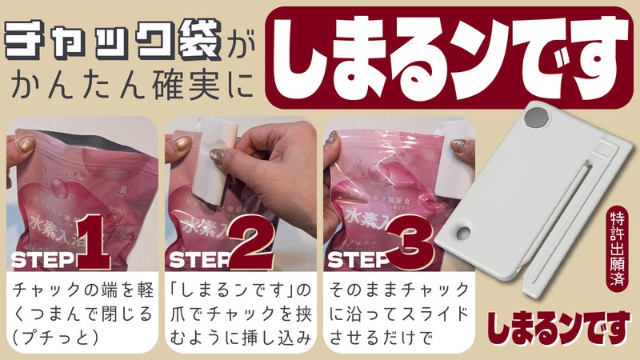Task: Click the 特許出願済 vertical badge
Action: coord(616,248)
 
